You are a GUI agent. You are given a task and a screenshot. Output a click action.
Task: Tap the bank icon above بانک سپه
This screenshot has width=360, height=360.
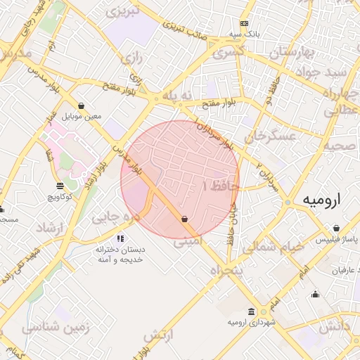coord(244,22)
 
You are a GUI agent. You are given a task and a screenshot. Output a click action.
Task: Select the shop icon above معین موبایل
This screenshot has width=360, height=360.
coord(82,105)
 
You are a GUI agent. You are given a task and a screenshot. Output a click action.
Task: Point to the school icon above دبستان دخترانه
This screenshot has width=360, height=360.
coord(121,239)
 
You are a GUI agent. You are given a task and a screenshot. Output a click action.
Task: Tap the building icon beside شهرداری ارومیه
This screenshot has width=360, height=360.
coord(252,311)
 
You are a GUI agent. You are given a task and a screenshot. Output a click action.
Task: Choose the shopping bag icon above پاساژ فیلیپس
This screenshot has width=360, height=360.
coord(337,229)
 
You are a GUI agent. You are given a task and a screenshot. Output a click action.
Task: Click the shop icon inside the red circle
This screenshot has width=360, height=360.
coord(184,219)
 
